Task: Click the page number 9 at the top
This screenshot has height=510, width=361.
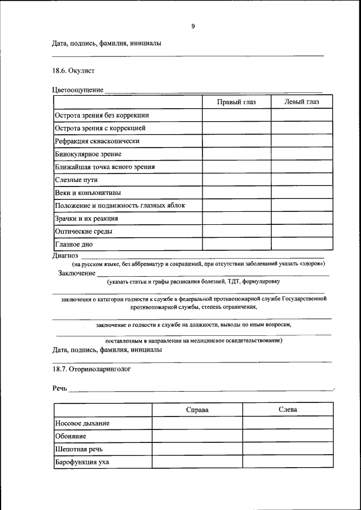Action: pos(193,26)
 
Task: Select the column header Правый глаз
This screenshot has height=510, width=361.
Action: pos(236,101)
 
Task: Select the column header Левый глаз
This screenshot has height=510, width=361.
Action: pos(302,101)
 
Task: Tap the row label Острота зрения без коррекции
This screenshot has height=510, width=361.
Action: pos(102,115)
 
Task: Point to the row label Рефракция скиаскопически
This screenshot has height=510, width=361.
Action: pos(96,141)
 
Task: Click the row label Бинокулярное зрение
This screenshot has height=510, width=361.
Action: pos(87,154)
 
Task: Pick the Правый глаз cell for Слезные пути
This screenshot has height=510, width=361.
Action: pos(236,180)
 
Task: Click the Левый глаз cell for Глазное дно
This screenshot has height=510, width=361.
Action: pos(302,245)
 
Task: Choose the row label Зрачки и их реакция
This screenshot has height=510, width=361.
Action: pos(86,219)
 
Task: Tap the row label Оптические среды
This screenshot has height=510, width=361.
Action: pos(83,232)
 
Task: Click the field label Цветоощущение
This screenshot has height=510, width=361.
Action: pos(77,90)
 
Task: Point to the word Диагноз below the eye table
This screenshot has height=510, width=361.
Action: pos(65,255)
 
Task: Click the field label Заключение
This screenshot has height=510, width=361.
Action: pos(77,273)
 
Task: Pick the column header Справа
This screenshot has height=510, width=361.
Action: pos(197,410)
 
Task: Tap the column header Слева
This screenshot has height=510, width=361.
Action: pos(288,410)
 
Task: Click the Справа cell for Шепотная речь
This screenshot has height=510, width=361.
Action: pos(197,449)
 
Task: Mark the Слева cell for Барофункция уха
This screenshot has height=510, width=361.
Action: pos(288,462)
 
